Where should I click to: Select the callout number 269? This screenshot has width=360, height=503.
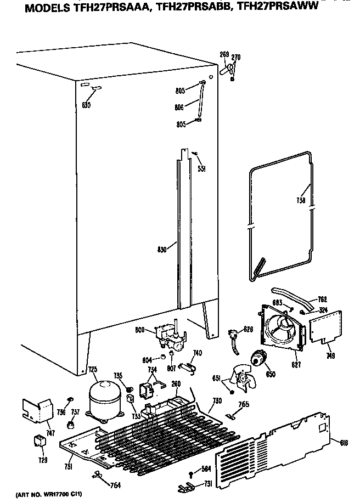(224, 55)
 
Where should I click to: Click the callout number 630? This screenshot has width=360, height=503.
(86, 105)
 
